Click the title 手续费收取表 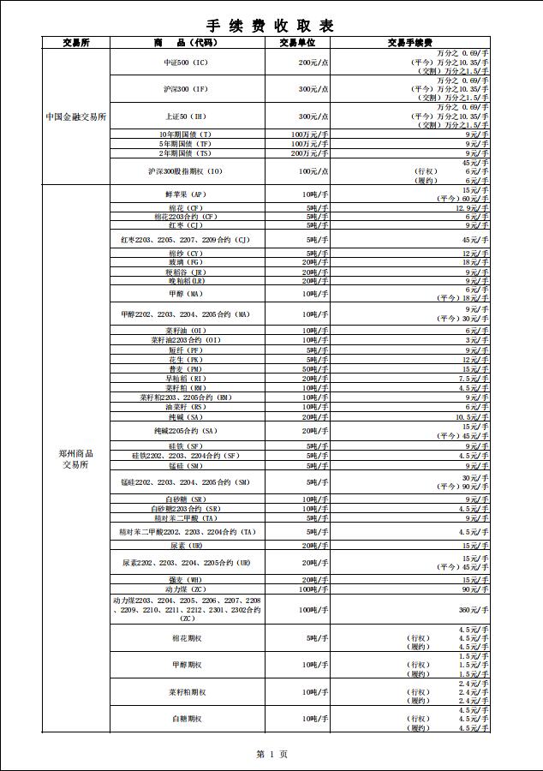click(x=271, y=26)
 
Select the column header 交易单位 click(x=297, y=42)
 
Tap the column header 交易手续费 click(x=409, y=42)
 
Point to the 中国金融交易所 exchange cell click(x=76, y=117)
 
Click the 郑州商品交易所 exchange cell click(x=76, y=459)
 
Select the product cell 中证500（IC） click(x=186, y=63)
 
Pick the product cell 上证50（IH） click(x=186, y=117)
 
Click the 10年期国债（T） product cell click(x=186, y=135)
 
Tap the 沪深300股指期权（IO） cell click(x=186, y=171)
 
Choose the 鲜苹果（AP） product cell click(x=186, y=194)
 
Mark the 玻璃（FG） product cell click(x=186, y=262)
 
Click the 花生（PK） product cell click(x=186, y=360)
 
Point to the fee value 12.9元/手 click(x=471, y=208)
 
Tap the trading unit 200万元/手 click(x=309, y=153)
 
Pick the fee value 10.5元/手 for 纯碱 click(x=471, y=417)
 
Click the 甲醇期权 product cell click(x=186, y=665)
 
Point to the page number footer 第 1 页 click(x=271, y=754)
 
